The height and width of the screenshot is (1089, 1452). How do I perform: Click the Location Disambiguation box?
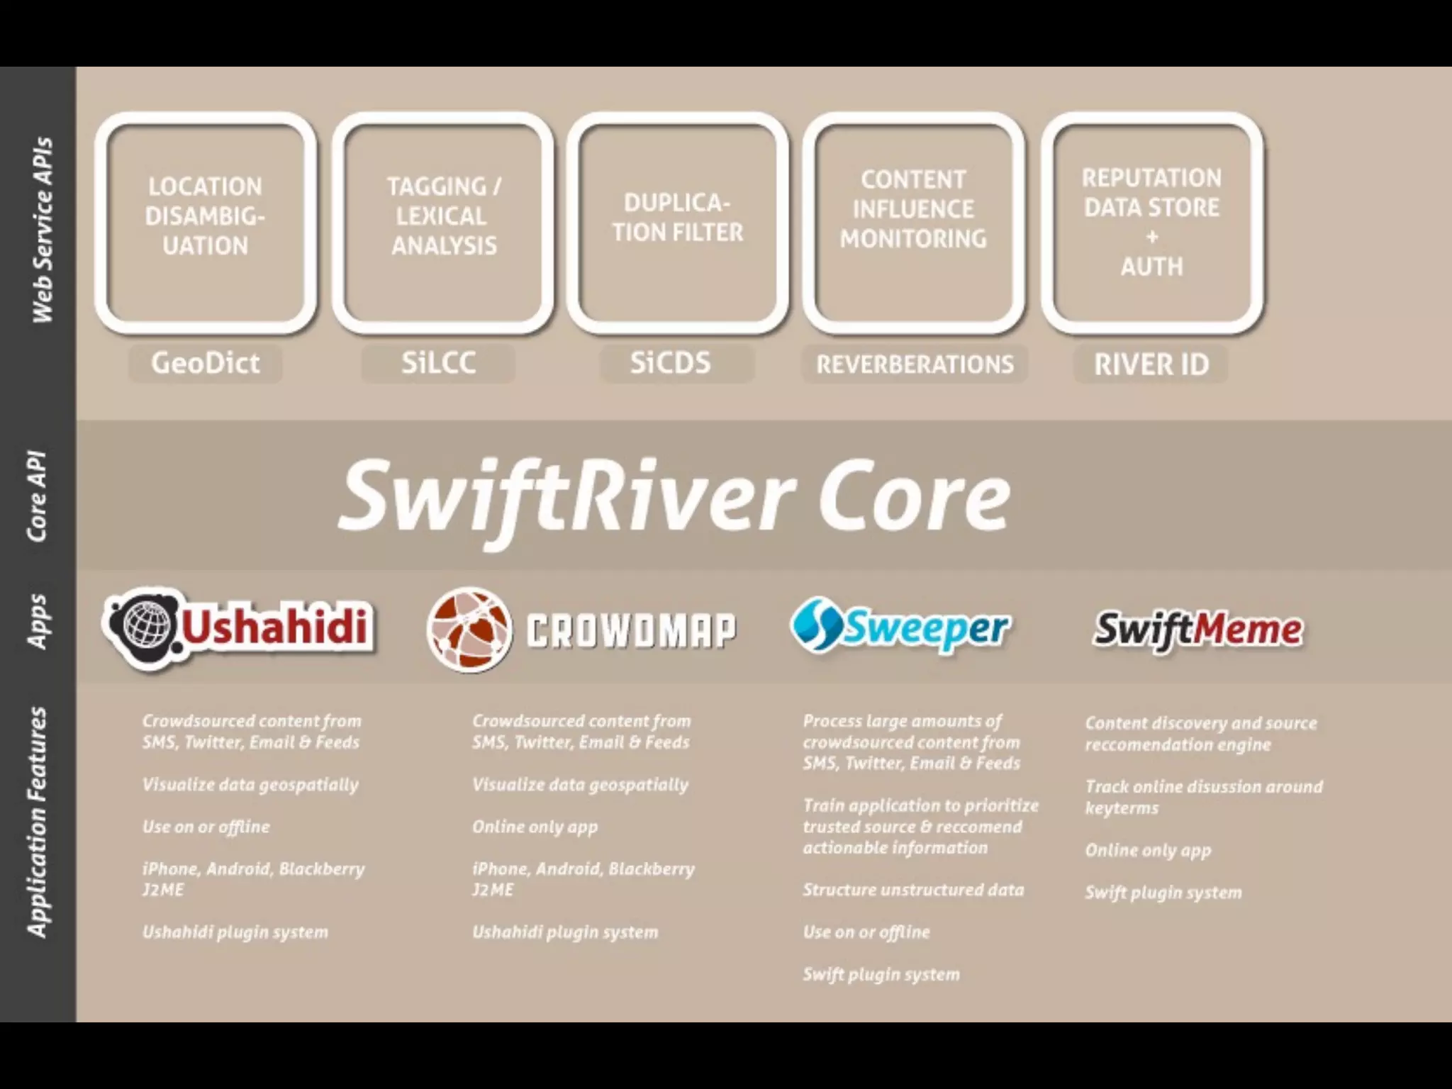(206, 222)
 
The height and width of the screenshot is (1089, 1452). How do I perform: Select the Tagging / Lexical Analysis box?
(443, 222)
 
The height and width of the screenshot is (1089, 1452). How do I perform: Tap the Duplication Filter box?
(678, 222)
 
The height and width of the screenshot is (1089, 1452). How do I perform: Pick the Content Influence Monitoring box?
(913, 222)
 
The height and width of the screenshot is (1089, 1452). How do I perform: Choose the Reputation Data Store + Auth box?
(1151, 222)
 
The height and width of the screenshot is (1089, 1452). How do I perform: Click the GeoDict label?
(206, 363)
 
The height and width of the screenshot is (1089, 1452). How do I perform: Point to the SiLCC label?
(438, 363)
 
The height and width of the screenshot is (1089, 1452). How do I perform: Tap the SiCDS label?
(671, 363)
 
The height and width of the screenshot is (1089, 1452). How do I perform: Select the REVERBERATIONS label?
(915, 364)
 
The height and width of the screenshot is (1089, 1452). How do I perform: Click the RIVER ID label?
(1151, 364)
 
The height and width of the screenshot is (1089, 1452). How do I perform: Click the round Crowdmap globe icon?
(469, 630)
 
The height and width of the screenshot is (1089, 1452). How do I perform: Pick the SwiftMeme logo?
(1197, 630)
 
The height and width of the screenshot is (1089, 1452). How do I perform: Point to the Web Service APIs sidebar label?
(42, 230)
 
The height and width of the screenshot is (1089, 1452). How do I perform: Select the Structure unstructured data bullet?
(913, 890)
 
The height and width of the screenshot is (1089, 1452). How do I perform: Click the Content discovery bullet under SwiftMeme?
(1201, 734)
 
